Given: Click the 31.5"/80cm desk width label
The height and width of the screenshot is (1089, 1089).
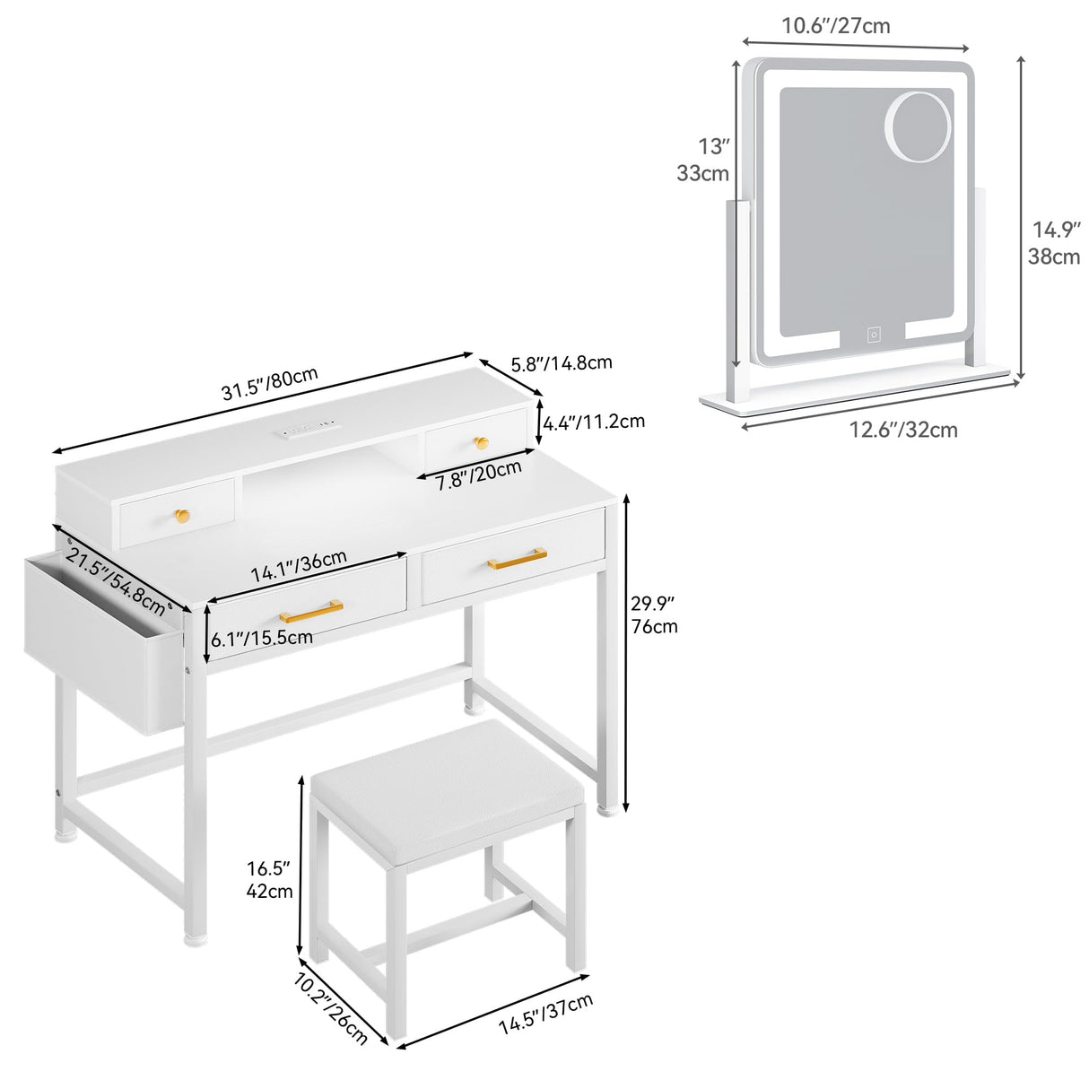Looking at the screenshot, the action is tap(270, 383).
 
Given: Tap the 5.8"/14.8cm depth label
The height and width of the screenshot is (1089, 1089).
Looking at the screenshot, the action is tap(562, 362).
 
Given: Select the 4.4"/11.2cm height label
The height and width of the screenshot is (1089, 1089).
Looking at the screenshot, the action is tap(593, 421).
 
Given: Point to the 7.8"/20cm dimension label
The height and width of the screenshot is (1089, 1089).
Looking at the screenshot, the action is tap(478, 475).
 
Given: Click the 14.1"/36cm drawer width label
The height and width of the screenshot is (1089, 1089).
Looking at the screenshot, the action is tap(299, 565).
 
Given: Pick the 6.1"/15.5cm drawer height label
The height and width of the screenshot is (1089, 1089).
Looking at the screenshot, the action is tap(262, 638).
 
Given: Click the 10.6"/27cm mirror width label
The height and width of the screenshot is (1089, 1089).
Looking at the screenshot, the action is tap(836, 25).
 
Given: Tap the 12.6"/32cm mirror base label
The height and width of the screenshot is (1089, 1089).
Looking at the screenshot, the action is tap(903, 430).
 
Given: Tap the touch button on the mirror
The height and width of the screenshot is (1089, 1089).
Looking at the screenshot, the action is tap(874, 335).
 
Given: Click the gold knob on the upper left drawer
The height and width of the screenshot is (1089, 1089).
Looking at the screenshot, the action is tap(182, 515).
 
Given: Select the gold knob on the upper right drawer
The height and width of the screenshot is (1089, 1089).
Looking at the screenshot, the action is tap(481, 442).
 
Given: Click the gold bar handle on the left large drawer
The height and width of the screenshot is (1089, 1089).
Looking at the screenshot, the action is tap(311, 611).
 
